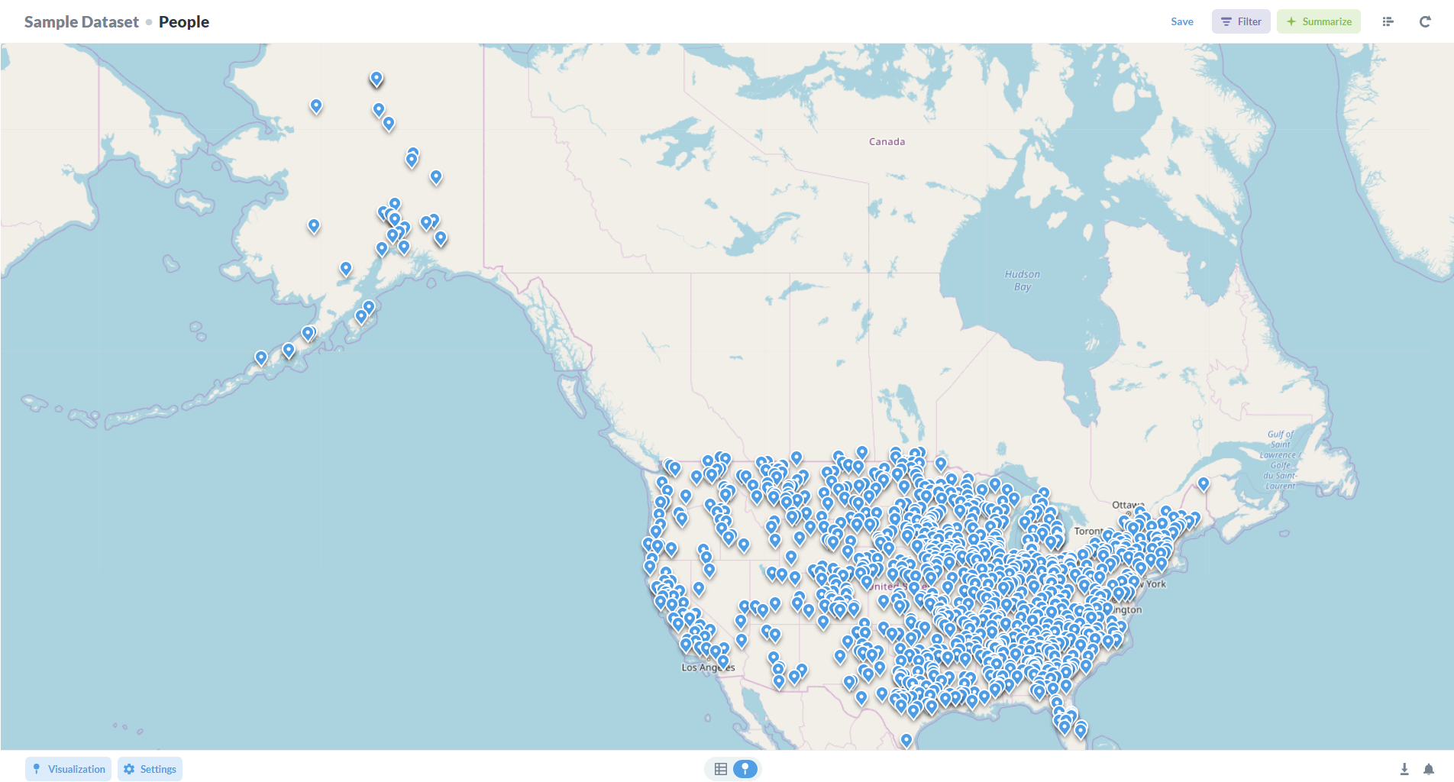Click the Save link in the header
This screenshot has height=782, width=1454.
1181,21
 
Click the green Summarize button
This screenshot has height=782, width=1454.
1318,21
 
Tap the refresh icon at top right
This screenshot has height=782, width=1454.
1424,21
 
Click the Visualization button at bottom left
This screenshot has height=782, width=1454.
68,769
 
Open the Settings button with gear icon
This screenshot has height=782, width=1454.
150,769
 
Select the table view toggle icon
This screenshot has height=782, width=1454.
720,769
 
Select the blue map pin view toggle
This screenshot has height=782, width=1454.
745,769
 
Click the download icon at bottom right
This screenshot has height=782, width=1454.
1404,769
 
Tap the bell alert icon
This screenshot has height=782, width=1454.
1428,769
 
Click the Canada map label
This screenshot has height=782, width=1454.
887,142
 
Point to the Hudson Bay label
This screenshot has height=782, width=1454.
1022,280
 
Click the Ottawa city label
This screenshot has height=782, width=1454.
1127,505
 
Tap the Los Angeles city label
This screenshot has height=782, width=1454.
707,667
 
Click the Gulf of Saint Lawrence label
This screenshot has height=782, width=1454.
1281,460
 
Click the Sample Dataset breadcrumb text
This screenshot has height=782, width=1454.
81,21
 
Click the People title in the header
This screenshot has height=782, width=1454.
183,21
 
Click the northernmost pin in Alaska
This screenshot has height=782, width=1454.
376,78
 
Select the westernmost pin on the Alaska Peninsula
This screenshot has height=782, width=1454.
261,357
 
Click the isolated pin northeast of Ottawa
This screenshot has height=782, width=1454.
1204,483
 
